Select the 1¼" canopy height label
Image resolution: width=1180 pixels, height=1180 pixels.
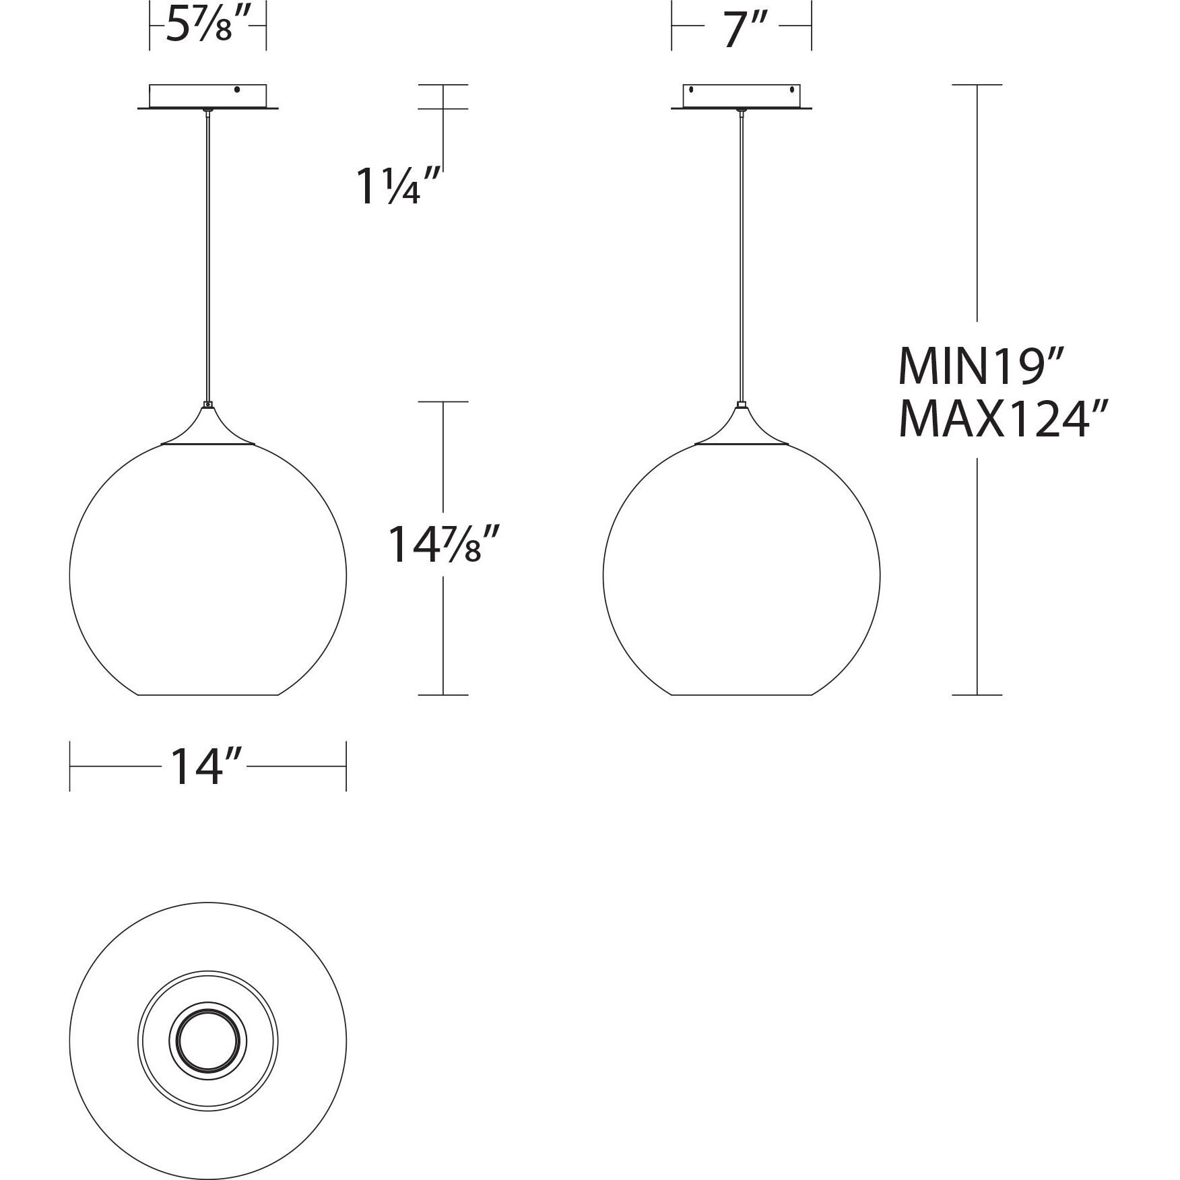(x=397, y=187)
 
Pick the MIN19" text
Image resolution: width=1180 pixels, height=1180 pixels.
(x=981, y=367)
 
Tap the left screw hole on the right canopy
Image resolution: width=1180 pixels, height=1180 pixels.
(x=691, y=90)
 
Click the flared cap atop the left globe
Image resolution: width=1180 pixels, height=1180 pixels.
(x=208, y=428)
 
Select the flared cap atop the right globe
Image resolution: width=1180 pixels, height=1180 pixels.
(x=742, y=428)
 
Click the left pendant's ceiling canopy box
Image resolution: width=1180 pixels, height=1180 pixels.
(x=207, y=96)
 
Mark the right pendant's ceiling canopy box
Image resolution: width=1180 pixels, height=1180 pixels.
(x=742, y=96)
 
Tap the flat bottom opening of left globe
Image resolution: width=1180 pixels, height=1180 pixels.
(x=208, y=694)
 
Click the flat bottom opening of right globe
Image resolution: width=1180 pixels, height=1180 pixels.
(x=742, y=694)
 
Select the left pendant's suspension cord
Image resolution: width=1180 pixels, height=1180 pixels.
(x=208, y=256)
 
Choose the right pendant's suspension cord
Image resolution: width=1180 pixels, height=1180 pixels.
(x=742, y=256)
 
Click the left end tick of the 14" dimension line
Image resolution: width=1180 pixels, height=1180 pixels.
(x=70, y=766)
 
